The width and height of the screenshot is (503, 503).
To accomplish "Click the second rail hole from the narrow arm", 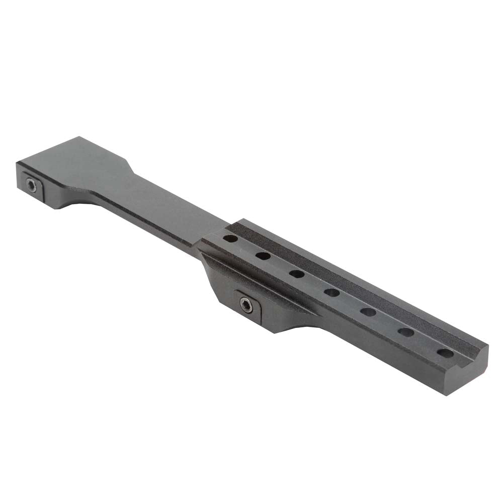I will (x=263, y=256).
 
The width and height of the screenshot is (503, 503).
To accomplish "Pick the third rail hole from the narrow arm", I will (x=296, y=274).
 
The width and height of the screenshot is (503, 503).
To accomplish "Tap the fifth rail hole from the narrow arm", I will (x=368, y=312).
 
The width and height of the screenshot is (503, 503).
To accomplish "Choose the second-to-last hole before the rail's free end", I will (x=406, y=332).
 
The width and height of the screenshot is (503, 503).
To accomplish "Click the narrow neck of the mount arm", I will (x=166, y=201).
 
